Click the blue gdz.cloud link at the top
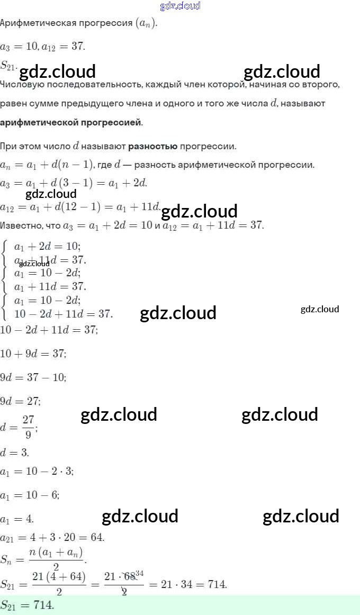tap(180, 6)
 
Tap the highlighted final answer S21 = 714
tap(28, 605)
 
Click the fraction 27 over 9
tap(28, 427)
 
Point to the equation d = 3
tap(15, 453)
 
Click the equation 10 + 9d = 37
tap(33, 353)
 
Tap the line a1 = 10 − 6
tap(30, 495)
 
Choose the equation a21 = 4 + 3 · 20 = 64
tap(52, 538)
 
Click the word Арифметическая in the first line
tap(33, 24)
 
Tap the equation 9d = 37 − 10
tap(33, 377)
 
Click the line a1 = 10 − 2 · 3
tap(37, 471)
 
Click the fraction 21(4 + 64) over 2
tap(59, 585)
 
